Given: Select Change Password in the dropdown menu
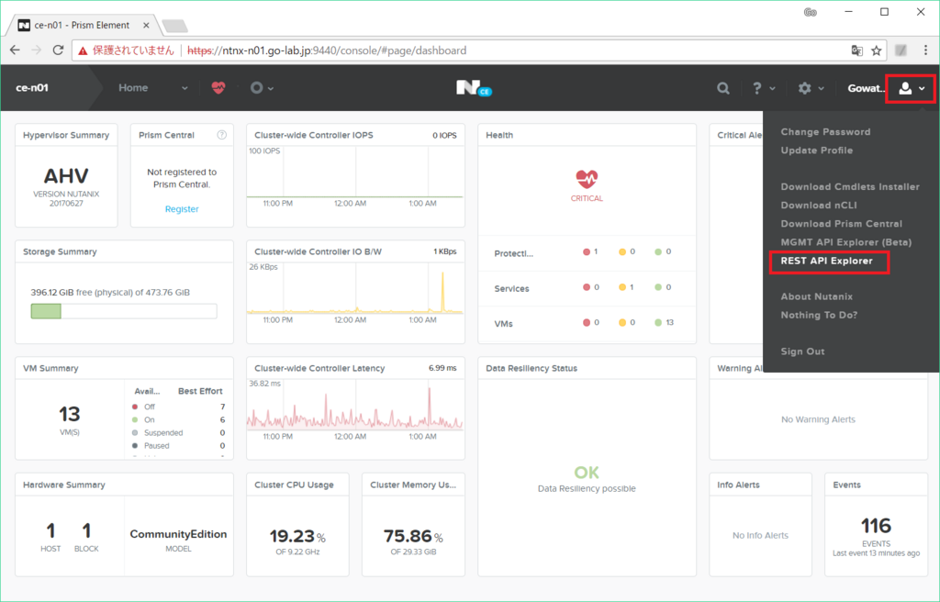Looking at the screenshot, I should pos(825,132).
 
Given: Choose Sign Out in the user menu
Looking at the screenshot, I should pos(802,351).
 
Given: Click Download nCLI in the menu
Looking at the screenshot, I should pos(819,206).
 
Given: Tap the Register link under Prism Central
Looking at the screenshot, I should pos(182,209).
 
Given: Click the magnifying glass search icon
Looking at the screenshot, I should pos(723,88).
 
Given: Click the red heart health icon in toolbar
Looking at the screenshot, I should pos(218,88).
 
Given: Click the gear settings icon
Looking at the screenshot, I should pos(805,88).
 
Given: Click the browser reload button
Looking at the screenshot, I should pos(59,50).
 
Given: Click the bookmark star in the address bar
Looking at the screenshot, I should pos(877,50).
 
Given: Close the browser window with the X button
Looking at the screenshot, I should pos(919,12).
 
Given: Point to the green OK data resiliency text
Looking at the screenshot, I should pos(587,473).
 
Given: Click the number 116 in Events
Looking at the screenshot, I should pos(876,526).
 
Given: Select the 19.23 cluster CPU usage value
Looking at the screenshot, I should pos(291,537).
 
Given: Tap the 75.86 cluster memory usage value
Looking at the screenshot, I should pos(408,537).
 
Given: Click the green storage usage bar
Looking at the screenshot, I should pos(46,311).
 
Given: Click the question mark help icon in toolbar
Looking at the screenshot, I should pos(757,88).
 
